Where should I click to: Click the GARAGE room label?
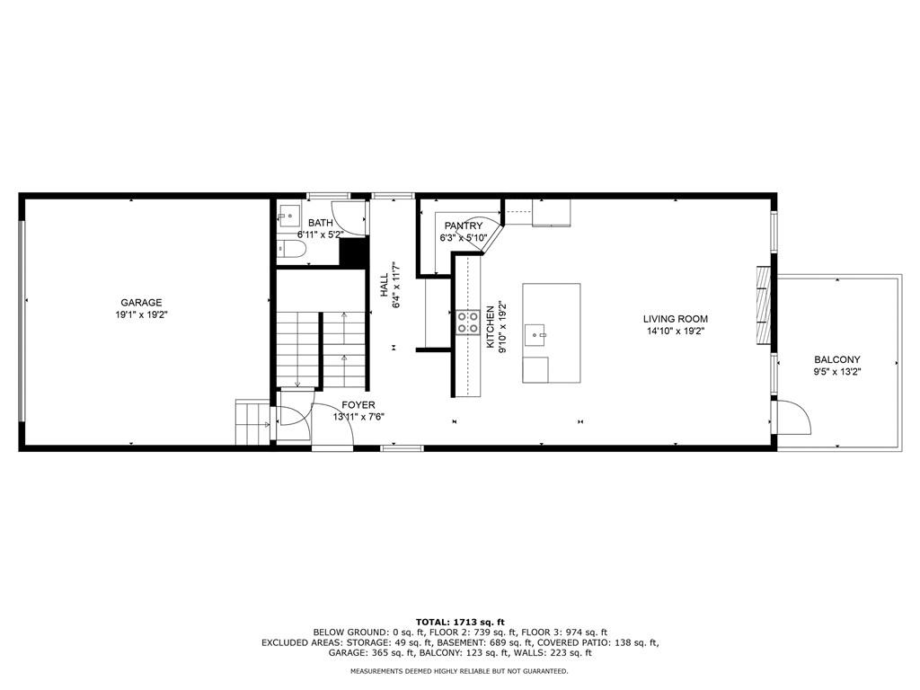[x=141, y=303]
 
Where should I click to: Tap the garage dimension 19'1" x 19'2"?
[x=141, y=314]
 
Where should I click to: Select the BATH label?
[x=321, y=223]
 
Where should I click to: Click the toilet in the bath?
[x=289, y=250]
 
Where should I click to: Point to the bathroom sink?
[x=288, y=216]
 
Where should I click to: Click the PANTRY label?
[x=464, y=226]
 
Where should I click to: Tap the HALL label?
[x=384, y=285]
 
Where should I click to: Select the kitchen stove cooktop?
[x=468, y=323]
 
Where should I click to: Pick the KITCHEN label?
[x=490, y=327]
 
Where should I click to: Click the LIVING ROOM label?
[x=676, y=319]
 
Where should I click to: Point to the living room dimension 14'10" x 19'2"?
[x=676, y=331]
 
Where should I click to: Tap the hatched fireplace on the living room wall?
[x=763, y=305]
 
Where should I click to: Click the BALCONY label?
[x=836, y=359]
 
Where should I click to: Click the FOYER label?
[x=358, y=405]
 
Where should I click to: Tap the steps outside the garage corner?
[x=252, y=422]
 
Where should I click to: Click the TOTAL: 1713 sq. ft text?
[x=460, y=622]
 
